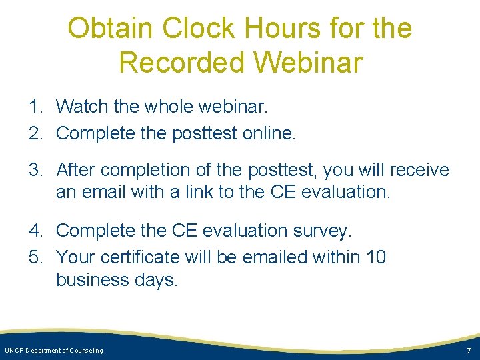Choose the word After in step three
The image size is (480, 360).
77,170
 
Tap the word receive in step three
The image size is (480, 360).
418,170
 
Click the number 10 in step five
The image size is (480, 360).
373,257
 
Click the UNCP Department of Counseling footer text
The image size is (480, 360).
54,351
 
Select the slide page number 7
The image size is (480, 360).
468,351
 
